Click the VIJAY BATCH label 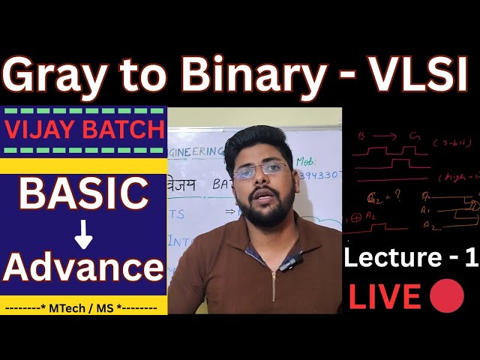[84, 130]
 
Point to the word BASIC [83, 193]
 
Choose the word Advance [84, 268]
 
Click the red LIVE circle [447, 298]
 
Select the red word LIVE [385, 298]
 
